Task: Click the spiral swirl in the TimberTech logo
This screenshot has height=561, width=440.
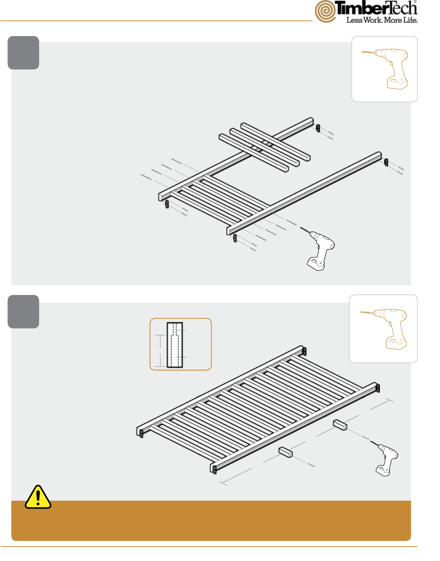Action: (325, 12)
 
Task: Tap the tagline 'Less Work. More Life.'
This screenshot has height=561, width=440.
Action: (382, 20)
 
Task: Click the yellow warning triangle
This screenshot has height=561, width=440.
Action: (38, 497)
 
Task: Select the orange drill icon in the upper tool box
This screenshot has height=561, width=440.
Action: (385, 68)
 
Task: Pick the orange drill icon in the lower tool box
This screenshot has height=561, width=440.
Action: (383, 328)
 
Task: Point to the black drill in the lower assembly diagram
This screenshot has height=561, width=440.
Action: (385, 459)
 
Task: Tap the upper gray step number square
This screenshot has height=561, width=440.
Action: (23, 53)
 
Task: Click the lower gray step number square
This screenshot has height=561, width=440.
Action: (23, 312)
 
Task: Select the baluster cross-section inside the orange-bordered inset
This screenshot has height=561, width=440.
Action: (175, 345)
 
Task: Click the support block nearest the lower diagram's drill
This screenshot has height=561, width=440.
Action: (340, 425)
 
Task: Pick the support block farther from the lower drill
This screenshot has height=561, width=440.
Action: (286, 452)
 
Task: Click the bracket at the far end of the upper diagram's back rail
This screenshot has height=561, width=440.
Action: (318, 128)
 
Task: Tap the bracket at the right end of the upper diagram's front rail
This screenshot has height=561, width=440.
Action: (386, 162)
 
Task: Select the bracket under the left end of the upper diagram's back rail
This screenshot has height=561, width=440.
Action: (167, 204)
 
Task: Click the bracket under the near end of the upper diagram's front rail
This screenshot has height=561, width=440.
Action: (235, 238)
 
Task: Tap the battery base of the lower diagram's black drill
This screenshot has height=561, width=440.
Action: (383, 471)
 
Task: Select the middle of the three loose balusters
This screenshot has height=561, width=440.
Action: (264, 148)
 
